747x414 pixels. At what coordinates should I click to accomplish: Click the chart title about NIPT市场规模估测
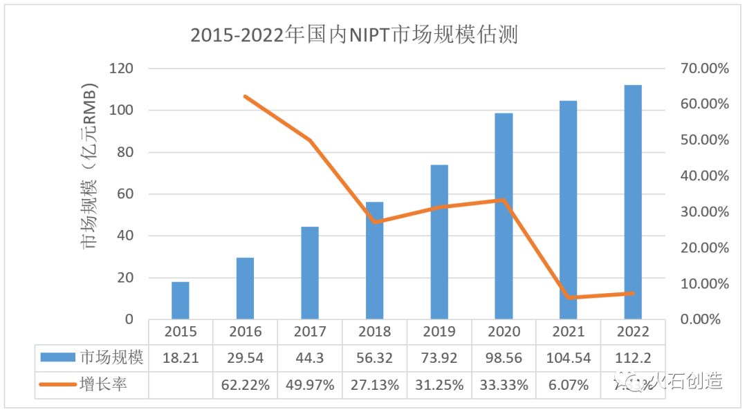coord(354,35)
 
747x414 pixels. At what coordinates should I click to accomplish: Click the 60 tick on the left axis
coord(125,194)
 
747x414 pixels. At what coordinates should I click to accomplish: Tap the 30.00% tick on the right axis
coord(703,212)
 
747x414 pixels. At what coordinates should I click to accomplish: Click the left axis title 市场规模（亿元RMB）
coord(91,166)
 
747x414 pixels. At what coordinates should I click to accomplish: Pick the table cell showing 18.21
coord(181,358)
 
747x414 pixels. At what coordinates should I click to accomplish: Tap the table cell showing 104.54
coord(568,358)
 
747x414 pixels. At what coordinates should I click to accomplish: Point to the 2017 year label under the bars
coord(310,332)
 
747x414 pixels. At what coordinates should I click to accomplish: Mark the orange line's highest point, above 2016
coord(246,96)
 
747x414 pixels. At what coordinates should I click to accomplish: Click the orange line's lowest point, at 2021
coord(569,297)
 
